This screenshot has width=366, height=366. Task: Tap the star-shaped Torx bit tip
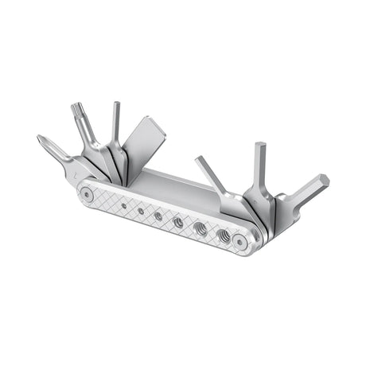coord(78,108)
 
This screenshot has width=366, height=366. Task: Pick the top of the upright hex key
coord(260,149)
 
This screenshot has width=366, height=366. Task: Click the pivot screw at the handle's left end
coord(86,193)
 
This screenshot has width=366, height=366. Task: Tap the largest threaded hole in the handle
coord(222,236)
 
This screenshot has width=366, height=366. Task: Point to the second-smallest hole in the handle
coord(141,210)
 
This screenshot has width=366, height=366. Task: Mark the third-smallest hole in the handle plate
coord(158,216)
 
